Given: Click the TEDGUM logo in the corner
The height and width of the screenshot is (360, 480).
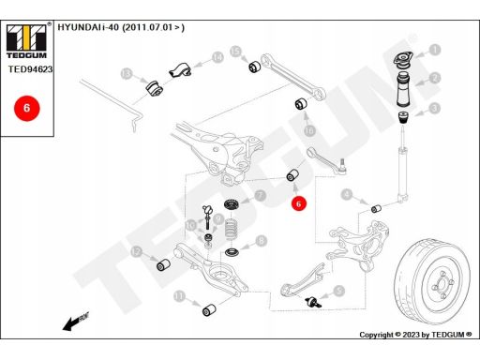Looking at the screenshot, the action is click(x=26, y=41).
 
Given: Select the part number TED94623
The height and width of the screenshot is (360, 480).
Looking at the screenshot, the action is click(x=30, y=69).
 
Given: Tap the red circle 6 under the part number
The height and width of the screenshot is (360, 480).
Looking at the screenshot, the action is click(x=26, y=108).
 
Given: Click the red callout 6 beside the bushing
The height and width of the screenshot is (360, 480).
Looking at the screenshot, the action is click(x=298, y=203).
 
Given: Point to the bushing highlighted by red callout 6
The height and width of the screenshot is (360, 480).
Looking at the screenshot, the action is click(x=292, y=175).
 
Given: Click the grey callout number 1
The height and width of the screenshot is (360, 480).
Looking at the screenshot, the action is click(x=434, y=50).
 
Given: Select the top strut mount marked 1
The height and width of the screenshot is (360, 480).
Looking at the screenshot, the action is click(x=402, y=61).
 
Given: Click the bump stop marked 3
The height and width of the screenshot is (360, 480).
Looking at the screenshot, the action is click(x=404, y=118).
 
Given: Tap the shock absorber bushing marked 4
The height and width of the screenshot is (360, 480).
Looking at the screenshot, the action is click(x=376, y=208).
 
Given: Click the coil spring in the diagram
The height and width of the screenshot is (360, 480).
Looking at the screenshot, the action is click(x=231, y=229).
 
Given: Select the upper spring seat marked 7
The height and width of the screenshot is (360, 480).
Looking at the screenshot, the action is click(x=232, y=205).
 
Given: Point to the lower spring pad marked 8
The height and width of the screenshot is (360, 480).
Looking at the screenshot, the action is click(x=232, y=251).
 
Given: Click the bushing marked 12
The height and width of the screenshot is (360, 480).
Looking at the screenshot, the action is click(x=163, y=265).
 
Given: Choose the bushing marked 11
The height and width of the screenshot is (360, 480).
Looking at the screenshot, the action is click(x=209, y=309).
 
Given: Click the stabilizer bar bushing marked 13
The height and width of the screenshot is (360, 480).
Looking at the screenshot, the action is click(x=155, y=88).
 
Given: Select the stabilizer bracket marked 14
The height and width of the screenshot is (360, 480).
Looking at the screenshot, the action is click(x=180, y=69).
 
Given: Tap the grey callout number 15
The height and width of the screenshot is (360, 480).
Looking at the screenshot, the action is click(x=236, y=52).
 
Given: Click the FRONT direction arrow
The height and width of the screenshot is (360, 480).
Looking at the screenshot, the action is click(x=76, y=322).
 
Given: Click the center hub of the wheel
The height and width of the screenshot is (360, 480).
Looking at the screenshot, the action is click(x=442, y=284).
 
